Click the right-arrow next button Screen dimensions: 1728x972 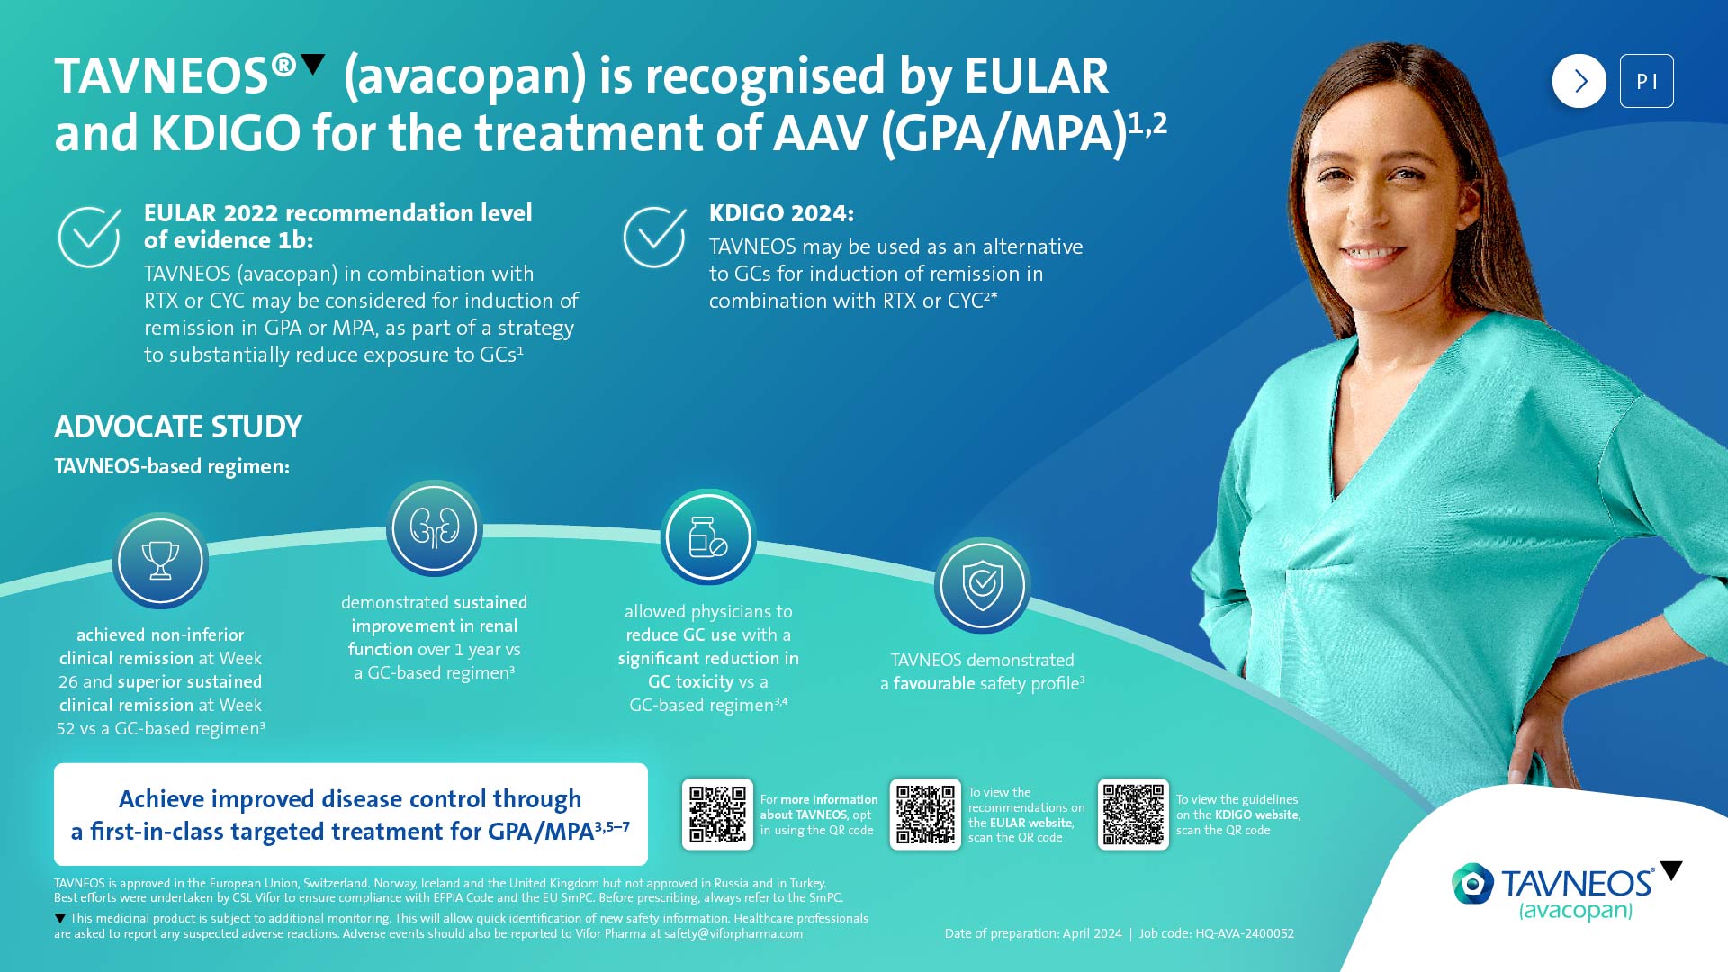tap(1579, 81)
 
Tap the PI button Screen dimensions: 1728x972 tap(1646, 81)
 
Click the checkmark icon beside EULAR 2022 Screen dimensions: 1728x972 tap(90, 237)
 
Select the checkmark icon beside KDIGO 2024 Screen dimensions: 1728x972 tap(655, 237)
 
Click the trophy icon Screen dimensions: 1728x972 tap(160, 561)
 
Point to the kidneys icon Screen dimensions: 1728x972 tap(435, 528)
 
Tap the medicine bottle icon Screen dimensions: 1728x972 tap(708, 537)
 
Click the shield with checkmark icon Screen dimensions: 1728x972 tap(982, 586)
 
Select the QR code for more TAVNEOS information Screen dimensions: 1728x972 tap(717, 814)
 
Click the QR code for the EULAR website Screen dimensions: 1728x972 tap(925, 814)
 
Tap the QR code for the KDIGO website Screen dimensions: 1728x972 tap(1133, 814)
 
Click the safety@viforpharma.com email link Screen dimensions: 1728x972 tap(733, 934)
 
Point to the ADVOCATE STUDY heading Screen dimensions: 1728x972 tap(178, 427)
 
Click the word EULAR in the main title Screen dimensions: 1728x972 tap(1036, 76)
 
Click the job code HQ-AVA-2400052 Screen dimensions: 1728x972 tap(1245, 934)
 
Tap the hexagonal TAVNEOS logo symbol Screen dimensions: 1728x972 tap(1472, 885)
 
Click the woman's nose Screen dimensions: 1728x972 tap(1375, 217)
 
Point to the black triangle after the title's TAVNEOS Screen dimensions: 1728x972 tap(312, 64)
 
